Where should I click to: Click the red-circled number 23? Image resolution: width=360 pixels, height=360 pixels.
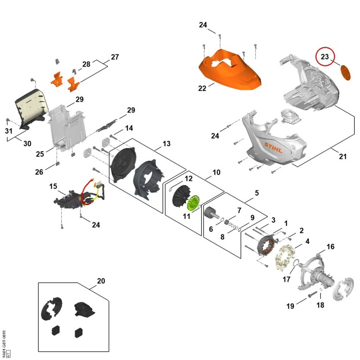[324, 57]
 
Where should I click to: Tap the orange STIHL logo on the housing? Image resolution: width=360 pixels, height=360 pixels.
[273, 148]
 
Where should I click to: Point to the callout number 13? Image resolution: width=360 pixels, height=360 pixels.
[166, 144]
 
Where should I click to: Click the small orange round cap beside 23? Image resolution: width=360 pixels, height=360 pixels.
[345, 72]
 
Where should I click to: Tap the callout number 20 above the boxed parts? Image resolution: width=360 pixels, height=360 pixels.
[101, 281]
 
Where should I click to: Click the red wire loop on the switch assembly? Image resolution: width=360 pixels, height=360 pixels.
[86, 192]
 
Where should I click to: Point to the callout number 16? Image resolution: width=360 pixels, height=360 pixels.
[330, 247]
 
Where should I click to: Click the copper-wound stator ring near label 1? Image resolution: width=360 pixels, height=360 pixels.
[266, 245]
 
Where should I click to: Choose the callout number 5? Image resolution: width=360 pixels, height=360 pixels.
[256, 193]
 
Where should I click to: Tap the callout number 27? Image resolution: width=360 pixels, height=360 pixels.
[115, 57]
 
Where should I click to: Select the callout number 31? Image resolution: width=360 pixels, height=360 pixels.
[9, 131]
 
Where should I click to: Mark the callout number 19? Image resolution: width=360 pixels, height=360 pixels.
[290, 306]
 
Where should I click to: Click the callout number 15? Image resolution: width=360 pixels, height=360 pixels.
[53, 186]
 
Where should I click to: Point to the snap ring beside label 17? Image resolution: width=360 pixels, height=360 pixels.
[296, 263]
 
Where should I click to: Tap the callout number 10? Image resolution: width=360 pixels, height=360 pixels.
[216, 172]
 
